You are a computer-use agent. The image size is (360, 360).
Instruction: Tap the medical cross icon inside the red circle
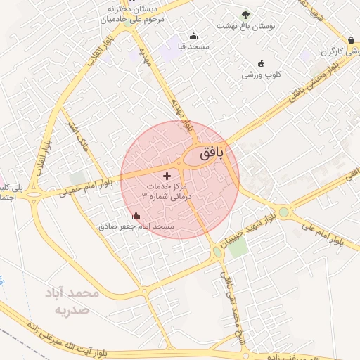click(x=167, y=175)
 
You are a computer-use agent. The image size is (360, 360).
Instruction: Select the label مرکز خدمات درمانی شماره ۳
click(x=167, y=192)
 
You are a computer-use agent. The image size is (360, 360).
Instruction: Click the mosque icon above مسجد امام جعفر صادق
click(x=136, y=215)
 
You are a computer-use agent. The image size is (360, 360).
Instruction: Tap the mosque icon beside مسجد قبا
click(x=194, y=37)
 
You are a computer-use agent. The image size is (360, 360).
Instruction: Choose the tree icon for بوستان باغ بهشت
click(x=245, y=15)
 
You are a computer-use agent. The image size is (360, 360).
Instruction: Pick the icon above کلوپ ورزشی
click(x=262, y=63)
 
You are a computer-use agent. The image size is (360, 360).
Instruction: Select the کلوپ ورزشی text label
click(x=262, y=75)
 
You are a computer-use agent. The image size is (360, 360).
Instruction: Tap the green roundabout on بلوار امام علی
click(x=283, y=211)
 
